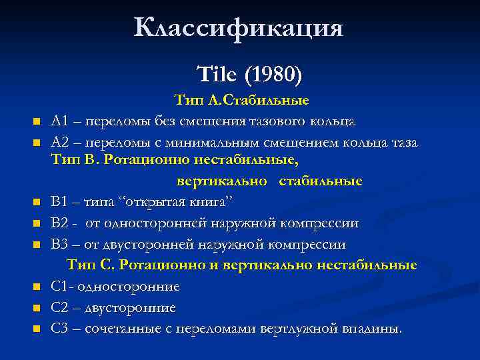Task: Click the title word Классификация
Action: (x=239, y=28)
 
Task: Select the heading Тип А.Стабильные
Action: (x=241, y=101)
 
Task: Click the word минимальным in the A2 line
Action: (x=205, y=142)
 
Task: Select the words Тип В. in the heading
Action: (x=77, y=161)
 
